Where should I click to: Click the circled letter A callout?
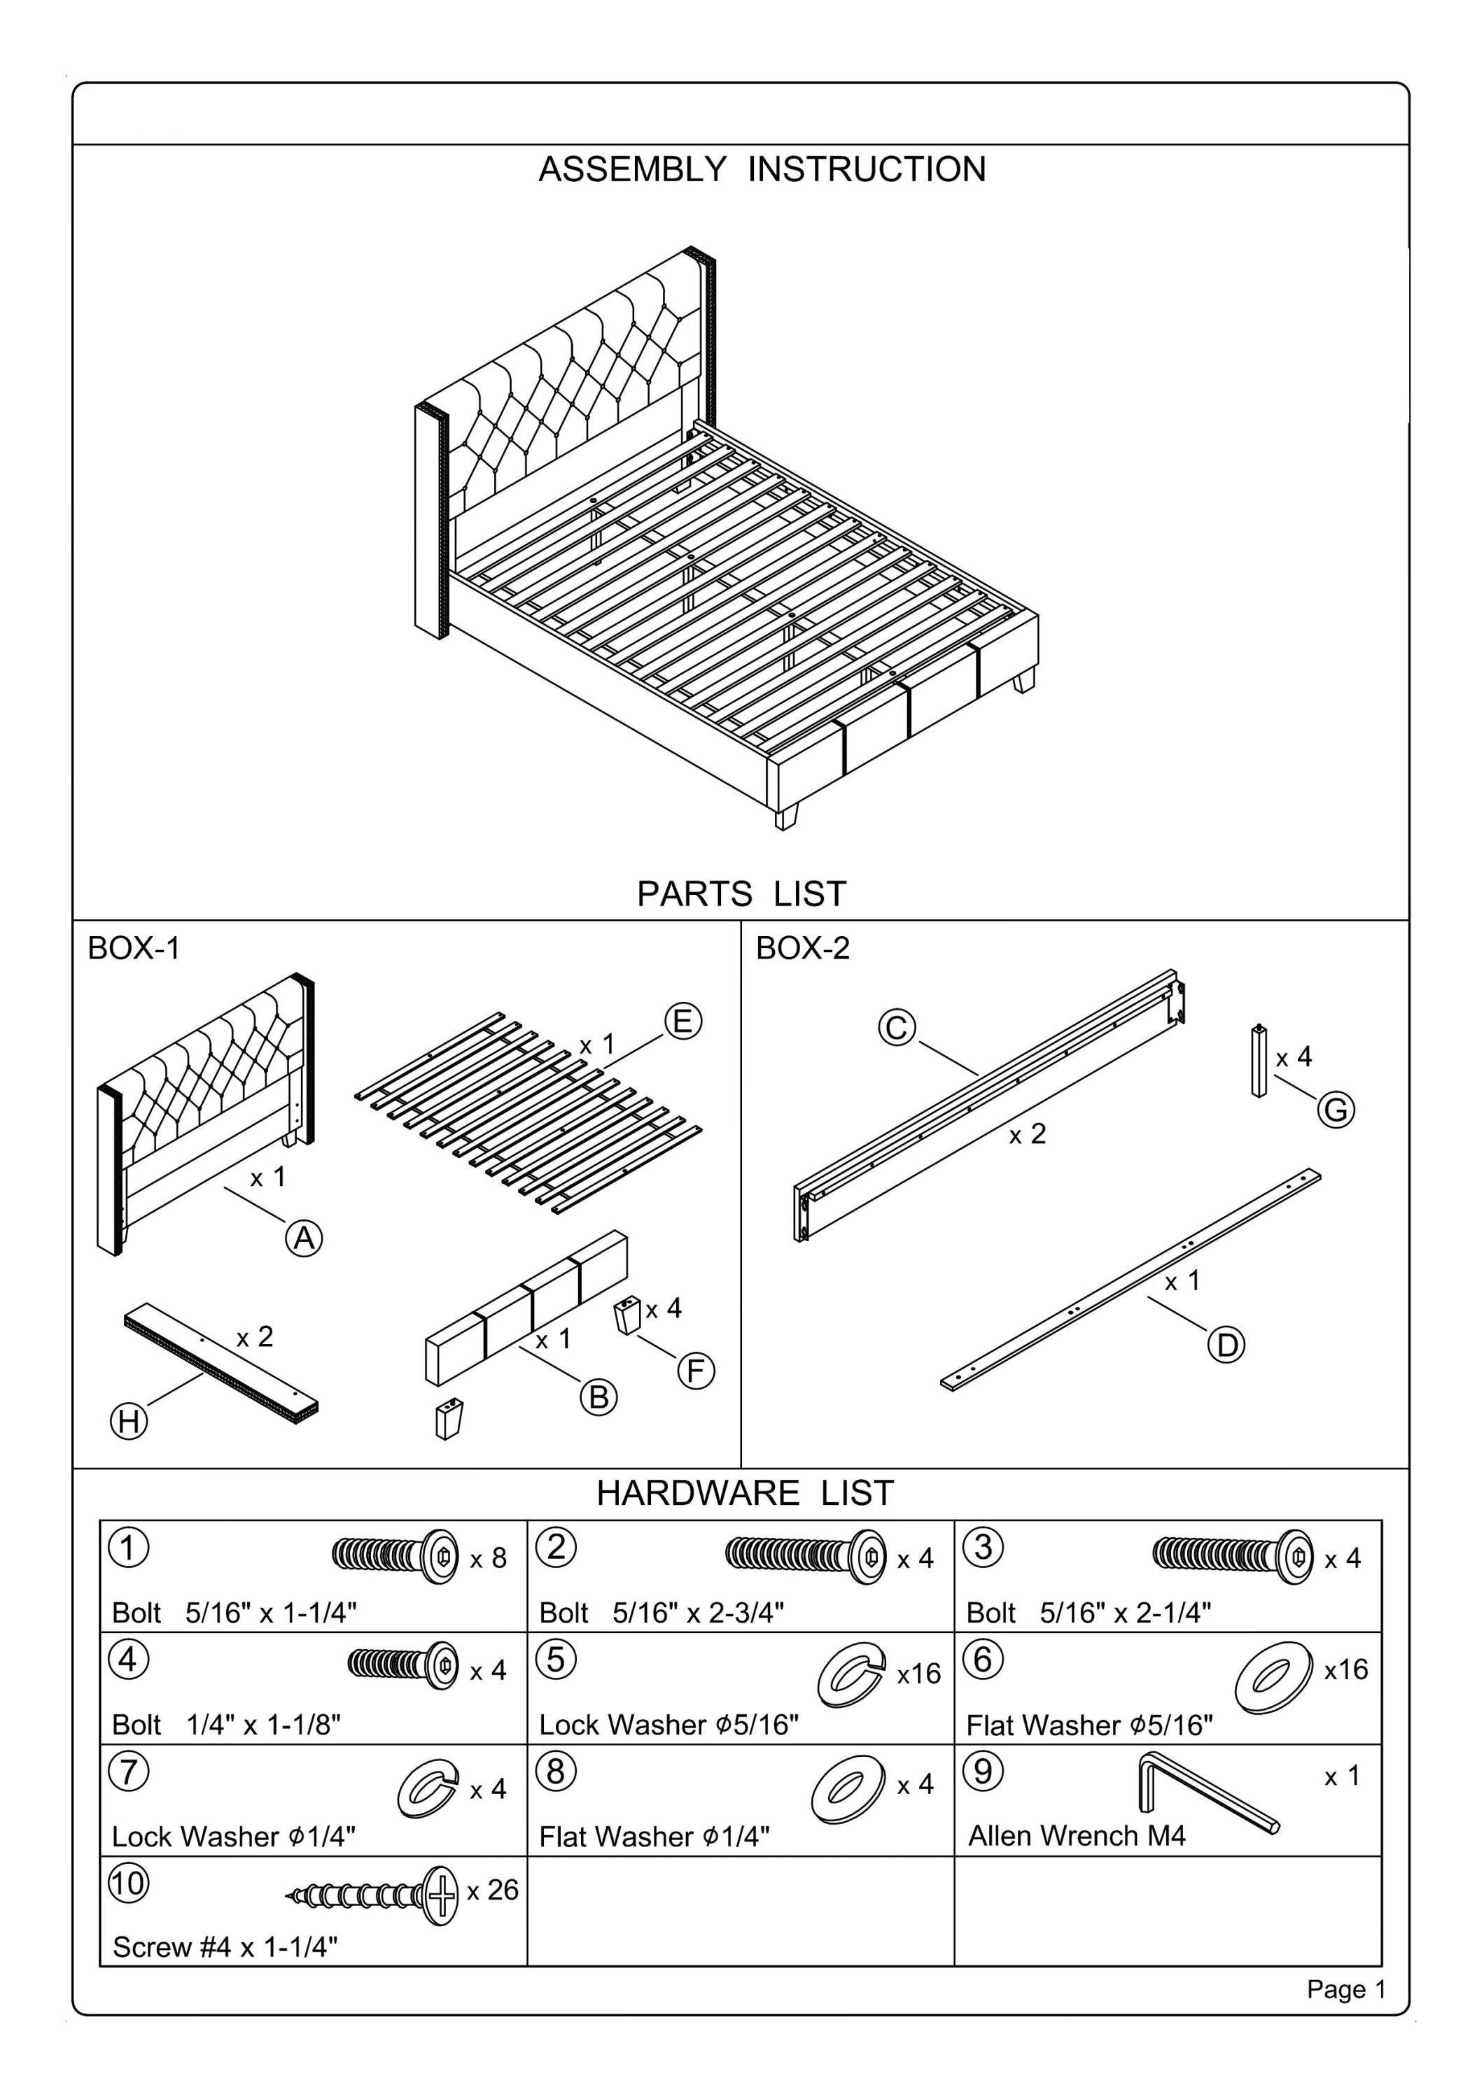pos(304,1238)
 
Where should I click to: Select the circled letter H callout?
pos(129,1422)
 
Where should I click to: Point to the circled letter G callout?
pos(1336,1111)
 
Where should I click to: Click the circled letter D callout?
pos(1226,1345)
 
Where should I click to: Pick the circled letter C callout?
pos(897,1028)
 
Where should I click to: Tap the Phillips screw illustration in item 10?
pos(375,1895)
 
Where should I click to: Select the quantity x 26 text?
pos(492,1890)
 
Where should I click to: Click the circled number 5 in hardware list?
pos(556,1660)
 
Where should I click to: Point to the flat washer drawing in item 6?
pos(1272,1678)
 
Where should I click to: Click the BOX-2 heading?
pos(802,948)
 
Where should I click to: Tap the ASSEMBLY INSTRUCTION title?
pos(762,169)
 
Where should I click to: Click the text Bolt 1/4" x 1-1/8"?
pos(226,1725)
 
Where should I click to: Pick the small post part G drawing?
pos(1259,1061)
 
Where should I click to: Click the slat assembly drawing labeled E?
pos(528,1112)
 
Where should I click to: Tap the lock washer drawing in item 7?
pos(427,1789)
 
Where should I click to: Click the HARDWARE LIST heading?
pos(744,1493)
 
